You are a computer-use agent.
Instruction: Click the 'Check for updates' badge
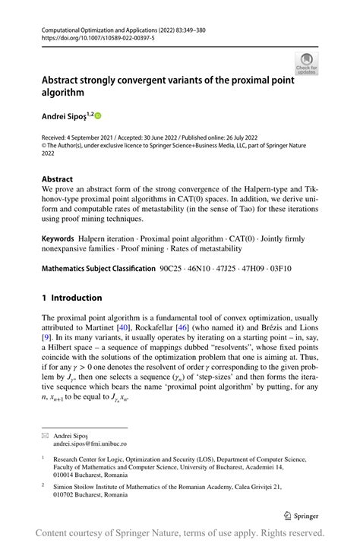point(307,64)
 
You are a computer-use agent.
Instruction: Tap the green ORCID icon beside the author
point(97,115)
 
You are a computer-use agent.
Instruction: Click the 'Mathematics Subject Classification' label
point(96,268)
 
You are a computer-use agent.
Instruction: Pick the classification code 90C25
point(172,268)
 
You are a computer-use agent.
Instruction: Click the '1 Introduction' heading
point(71,298)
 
